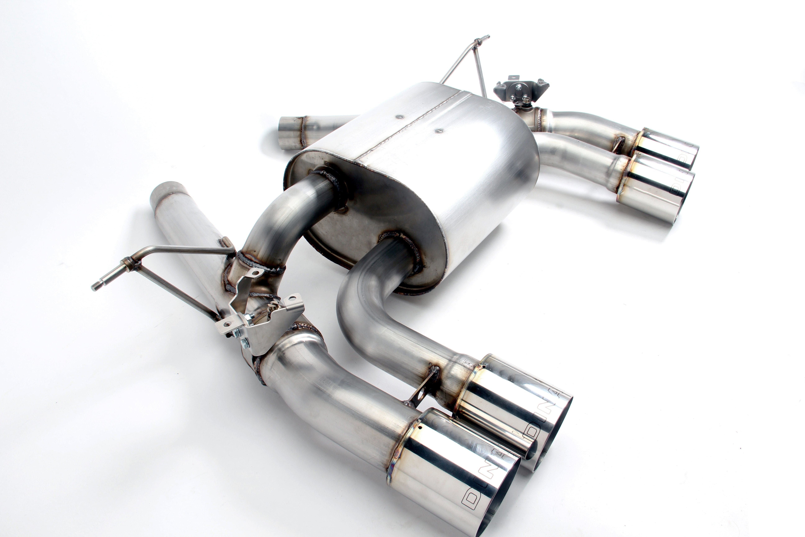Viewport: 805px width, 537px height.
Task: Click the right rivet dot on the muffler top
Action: click(439, 131)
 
